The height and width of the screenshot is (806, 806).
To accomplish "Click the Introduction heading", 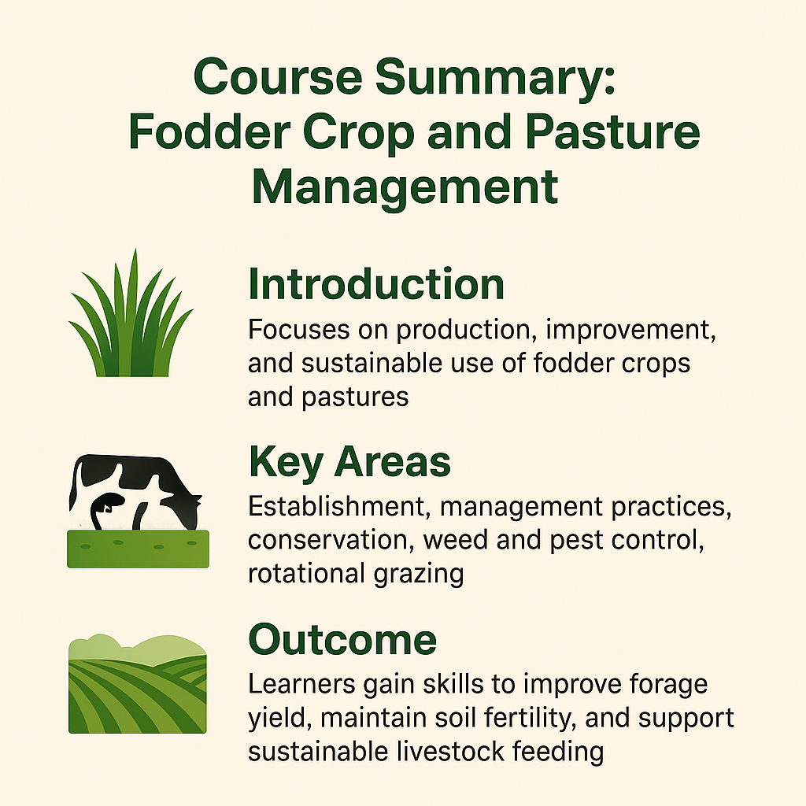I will pyautogui.click(x=376, y=285).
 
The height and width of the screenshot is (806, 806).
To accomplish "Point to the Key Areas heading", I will pyautogui.click(x=349, y=463).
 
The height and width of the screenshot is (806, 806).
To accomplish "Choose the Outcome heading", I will pyautogui.click(x=342, y=641).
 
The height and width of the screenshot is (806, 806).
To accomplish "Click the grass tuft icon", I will pyautogui.click(x=131, y=315).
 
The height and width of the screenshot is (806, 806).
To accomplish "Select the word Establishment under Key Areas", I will pyautogui.click(x=339, y=506).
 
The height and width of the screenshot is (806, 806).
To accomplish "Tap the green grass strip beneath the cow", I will pyautogui.click(x=138, y=549).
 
